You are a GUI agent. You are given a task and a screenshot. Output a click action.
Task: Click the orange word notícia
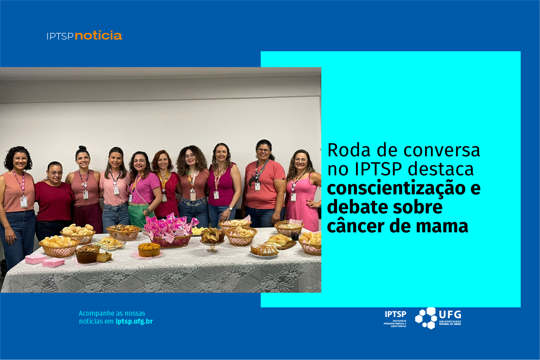[98, 35]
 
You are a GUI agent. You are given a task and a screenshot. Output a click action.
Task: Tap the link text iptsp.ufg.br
[134, 322]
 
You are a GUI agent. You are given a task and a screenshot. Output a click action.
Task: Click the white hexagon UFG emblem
[426, 318]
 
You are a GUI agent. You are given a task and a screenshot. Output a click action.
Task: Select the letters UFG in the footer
[450, 315]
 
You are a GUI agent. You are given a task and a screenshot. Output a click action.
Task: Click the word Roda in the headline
[349, 150]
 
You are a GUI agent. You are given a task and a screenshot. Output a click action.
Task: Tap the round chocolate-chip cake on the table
[149, 250]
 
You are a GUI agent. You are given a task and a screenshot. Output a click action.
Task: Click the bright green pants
[139, 216]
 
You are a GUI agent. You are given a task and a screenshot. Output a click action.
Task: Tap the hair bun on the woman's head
[82, 148]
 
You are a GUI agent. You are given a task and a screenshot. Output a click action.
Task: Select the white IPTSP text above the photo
[60, 36]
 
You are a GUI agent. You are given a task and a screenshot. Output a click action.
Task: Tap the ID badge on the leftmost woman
[24, 202]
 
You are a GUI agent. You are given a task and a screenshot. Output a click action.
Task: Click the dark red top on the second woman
[54, 201]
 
